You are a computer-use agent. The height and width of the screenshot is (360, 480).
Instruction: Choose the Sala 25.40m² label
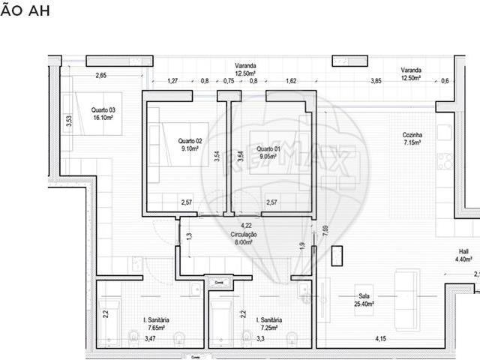364,299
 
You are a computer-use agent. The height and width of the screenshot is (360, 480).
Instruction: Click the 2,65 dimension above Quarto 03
100,75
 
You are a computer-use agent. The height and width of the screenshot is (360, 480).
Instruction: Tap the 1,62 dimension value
291,81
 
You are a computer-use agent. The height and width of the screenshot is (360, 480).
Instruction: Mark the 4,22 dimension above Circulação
245,225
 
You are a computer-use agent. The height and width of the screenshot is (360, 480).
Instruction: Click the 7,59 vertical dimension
325,230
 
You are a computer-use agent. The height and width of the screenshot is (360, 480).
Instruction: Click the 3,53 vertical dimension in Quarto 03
68,121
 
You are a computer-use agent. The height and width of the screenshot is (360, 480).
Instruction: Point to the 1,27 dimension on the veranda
172,81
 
